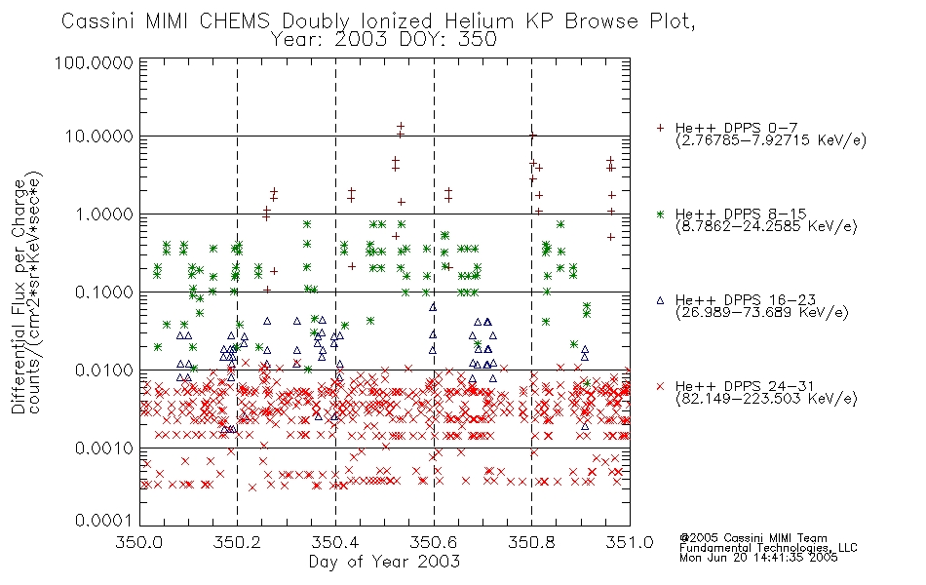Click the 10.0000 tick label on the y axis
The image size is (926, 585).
point(98,136)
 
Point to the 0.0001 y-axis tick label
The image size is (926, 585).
point(104,520)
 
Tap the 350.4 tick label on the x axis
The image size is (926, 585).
point(335,542)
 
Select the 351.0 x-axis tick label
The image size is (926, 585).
point(630,542)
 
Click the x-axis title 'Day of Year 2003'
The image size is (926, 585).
point(384,562)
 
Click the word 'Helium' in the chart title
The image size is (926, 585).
point(479,21)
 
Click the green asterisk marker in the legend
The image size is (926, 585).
point(660,214)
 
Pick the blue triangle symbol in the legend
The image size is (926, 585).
point(660,300)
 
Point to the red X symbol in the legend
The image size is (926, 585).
point(660,386)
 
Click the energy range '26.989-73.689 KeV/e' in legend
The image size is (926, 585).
point(762,313)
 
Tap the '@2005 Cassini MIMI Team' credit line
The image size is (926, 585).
point(752,538)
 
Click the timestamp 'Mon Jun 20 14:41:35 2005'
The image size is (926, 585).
point(758,558)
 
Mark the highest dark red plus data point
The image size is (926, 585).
point(401,126)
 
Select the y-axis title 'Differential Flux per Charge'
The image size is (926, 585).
point(19,296)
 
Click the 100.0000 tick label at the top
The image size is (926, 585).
point(95,62)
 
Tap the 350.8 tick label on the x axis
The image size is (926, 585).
point(531,542)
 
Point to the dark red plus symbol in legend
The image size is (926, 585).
point(660,128)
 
